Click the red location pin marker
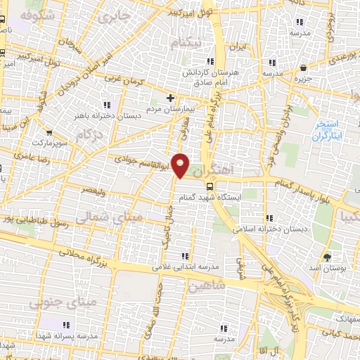181,165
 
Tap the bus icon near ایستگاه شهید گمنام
210,186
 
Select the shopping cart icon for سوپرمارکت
49,131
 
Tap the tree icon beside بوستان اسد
327,256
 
